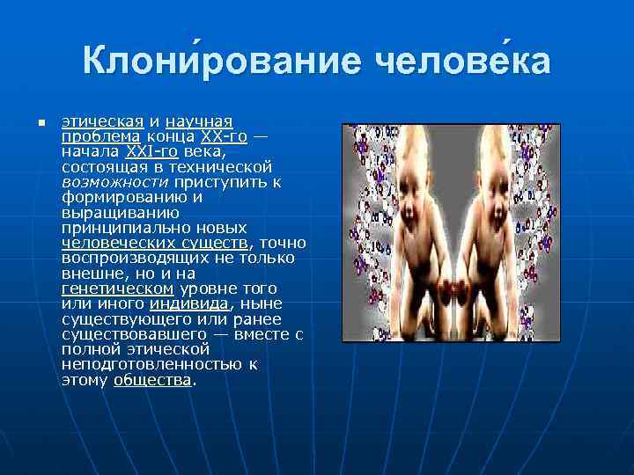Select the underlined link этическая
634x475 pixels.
pos(100,121)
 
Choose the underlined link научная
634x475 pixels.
pos(199,121)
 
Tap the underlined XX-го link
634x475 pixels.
pos(224,136)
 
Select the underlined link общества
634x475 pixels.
pos(152,380)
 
